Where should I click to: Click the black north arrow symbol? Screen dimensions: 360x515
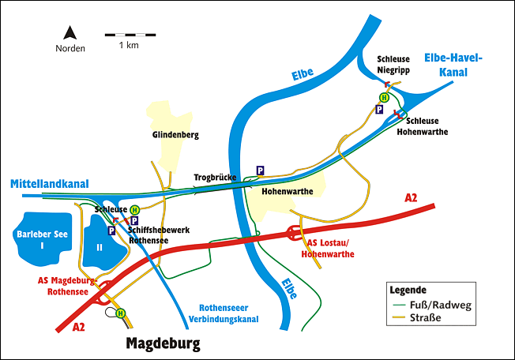coord(70,33)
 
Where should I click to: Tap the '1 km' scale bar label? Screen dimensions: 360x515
coord(129,46)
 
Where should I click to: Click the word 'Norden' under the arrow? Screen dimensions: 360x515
coord(70,47)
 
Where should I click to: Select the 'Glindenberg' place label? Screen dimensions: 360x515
coord(175,135)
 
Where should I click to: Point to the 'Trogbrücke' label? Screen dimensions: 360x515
coord(215,178)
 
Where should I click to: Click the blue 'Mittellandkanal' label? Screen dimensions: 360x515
coord(49,183)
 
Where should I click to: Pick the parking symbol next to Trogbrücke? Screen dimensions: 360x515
coord(259,171)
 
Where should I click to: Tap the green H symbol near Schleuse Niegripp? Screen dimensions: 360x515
coord(384,97)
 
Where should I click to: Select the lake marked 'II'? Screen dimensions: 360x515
coord(100,246)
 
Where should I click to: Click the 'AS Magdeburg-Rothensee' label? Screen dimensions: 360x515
coord(66,285)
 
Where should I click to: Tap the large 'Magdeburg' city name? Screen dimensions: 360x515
coord(164,343)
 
